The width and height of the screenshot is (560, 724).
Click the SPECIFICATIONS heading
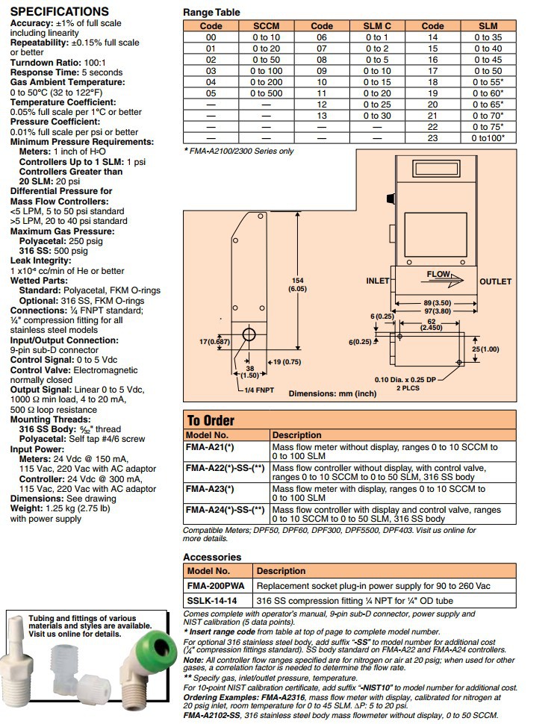pos(59,12)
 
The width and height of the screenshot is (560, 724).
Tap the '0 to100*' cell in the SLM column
pos(488,138)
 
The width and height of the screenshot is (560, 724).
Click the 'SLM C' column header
pos(377,26)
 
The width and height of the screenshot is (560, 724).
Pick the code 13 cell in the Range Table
pos(322,116)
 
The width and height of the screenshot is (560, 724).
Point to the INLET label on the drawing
pos(378,281)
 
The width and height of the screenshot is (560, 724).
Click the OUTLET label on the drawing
pos(495,281)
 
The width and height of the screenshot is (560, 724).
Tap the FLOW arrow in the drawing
pos(445,276)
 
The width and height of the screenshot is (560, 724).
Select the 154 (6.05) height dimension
pos(296,284)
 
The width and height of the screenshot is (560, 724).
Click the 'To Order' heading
pos(210,420)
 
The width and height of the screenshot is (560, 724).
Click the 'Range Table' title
pos(212,13)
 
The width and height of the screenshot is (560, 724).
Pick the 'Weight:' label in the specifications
pos(28,509)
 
